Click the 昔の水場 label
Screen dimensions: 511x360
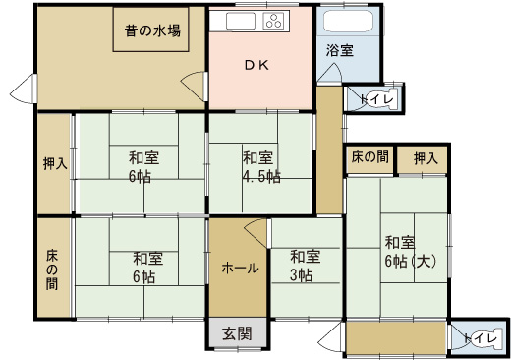(x=152, y=30)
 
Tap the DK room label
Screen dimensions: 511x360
(x=257, y=65)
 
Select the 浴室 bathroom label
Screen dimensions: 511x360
(x=340, y=50)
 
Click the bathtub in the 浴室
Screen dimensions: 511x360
(x=348, y=22)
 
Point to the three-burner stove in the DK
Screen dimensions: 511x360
(x=275, y=21)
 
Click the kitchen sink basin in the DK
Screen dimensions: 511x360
(x=241, y=21)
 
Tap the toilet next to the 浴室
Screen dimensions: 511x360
(x=380, y=98)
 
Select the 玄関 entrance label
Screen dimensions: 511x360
(x=237, y=333)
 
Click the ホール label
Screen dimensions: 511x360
(x=240, y=269)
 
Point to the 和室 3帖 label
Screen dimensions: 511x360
(x=305, y=266)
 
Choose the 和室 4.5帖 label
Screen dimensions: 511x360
(x=261, y=167)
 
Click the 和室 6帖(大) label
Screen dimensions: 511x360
(x=411, y=252)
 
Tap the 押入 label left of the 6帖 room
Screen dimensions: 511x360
(x=55, y=163)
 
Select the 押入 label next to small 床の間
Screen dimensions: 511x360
(x=426, y=159)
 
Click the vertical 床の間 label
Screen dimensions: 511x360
(x=52, y=270)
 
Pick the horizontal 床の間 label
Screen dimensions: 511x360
(x=370, y=157)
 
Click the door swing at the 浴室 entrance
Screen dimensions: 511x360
(x=330, y=72)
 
